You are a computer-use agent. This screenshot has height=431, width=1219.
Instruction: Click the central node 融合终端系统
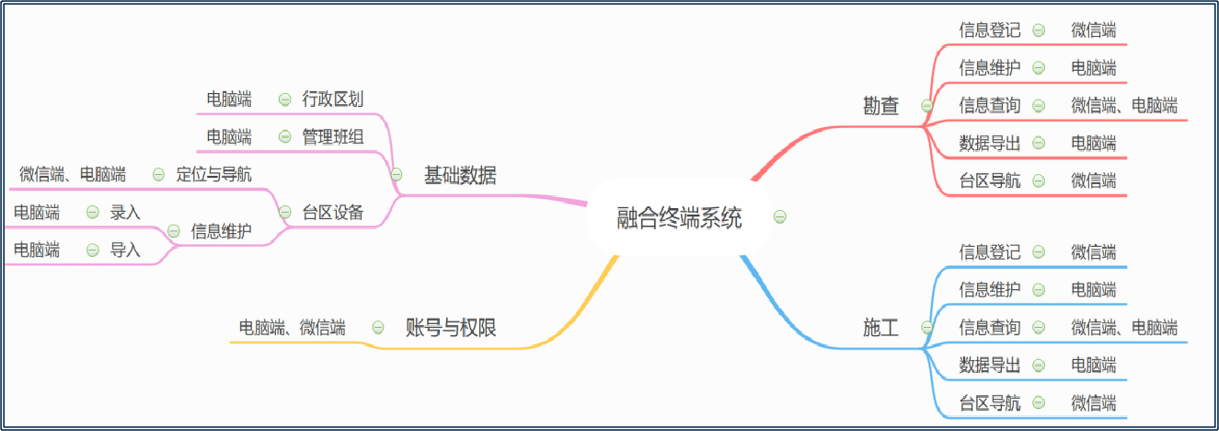point(679,218)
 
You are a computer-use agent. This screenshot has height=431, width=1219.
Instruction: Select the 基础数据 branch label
point(459,175)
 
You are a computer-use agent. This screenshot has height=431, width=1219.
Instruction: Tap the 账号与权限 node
point(451,327)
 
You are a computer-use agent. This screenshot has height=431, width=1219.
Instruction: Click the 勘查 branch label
point(881,106)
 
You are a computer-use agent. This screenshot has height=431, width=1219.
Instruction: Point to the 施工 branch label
point(881,327)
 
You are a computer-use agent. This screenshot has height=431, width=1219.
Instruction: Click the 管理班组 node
point(333,137)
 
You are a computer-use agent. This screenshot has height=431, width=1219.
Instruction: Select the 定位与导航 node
point(213,174)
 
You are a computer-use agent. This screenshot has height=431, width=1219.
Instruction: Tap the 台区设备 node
point(333,213)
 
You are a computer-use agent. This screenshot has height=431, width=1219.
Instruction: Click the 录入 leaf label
point(125,212)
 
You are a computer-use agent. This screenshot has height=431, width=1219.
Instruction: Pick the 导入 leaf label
point(125,249)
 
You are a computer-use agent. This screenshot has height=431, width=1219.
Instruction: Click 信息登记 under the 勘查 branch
point(989,30)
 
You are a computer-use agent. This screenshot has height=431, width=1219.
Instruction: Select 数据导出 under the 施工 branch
point(989,365)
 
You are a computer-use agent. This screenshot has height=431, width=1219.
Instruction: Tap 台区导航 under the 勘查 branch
point(989,181)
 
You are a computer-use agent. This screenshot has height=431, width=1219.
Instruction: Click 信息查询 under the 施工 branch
point(989,327)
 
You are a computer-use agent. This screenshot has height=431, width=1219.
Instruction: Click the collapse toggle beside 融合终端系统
point(779,217)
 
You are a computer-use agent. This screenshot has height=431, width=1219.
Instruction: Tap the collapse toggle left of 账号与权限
point(378,327)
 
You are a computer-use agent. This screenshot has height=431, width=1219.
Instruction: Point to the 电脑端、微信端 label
point(292,327)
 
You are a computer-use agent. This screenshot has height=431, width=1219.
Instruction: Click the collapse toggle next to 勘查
point(926,106)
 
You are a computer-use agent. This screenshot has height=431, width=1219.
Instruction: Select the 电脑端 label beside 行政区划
point(229,99)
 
